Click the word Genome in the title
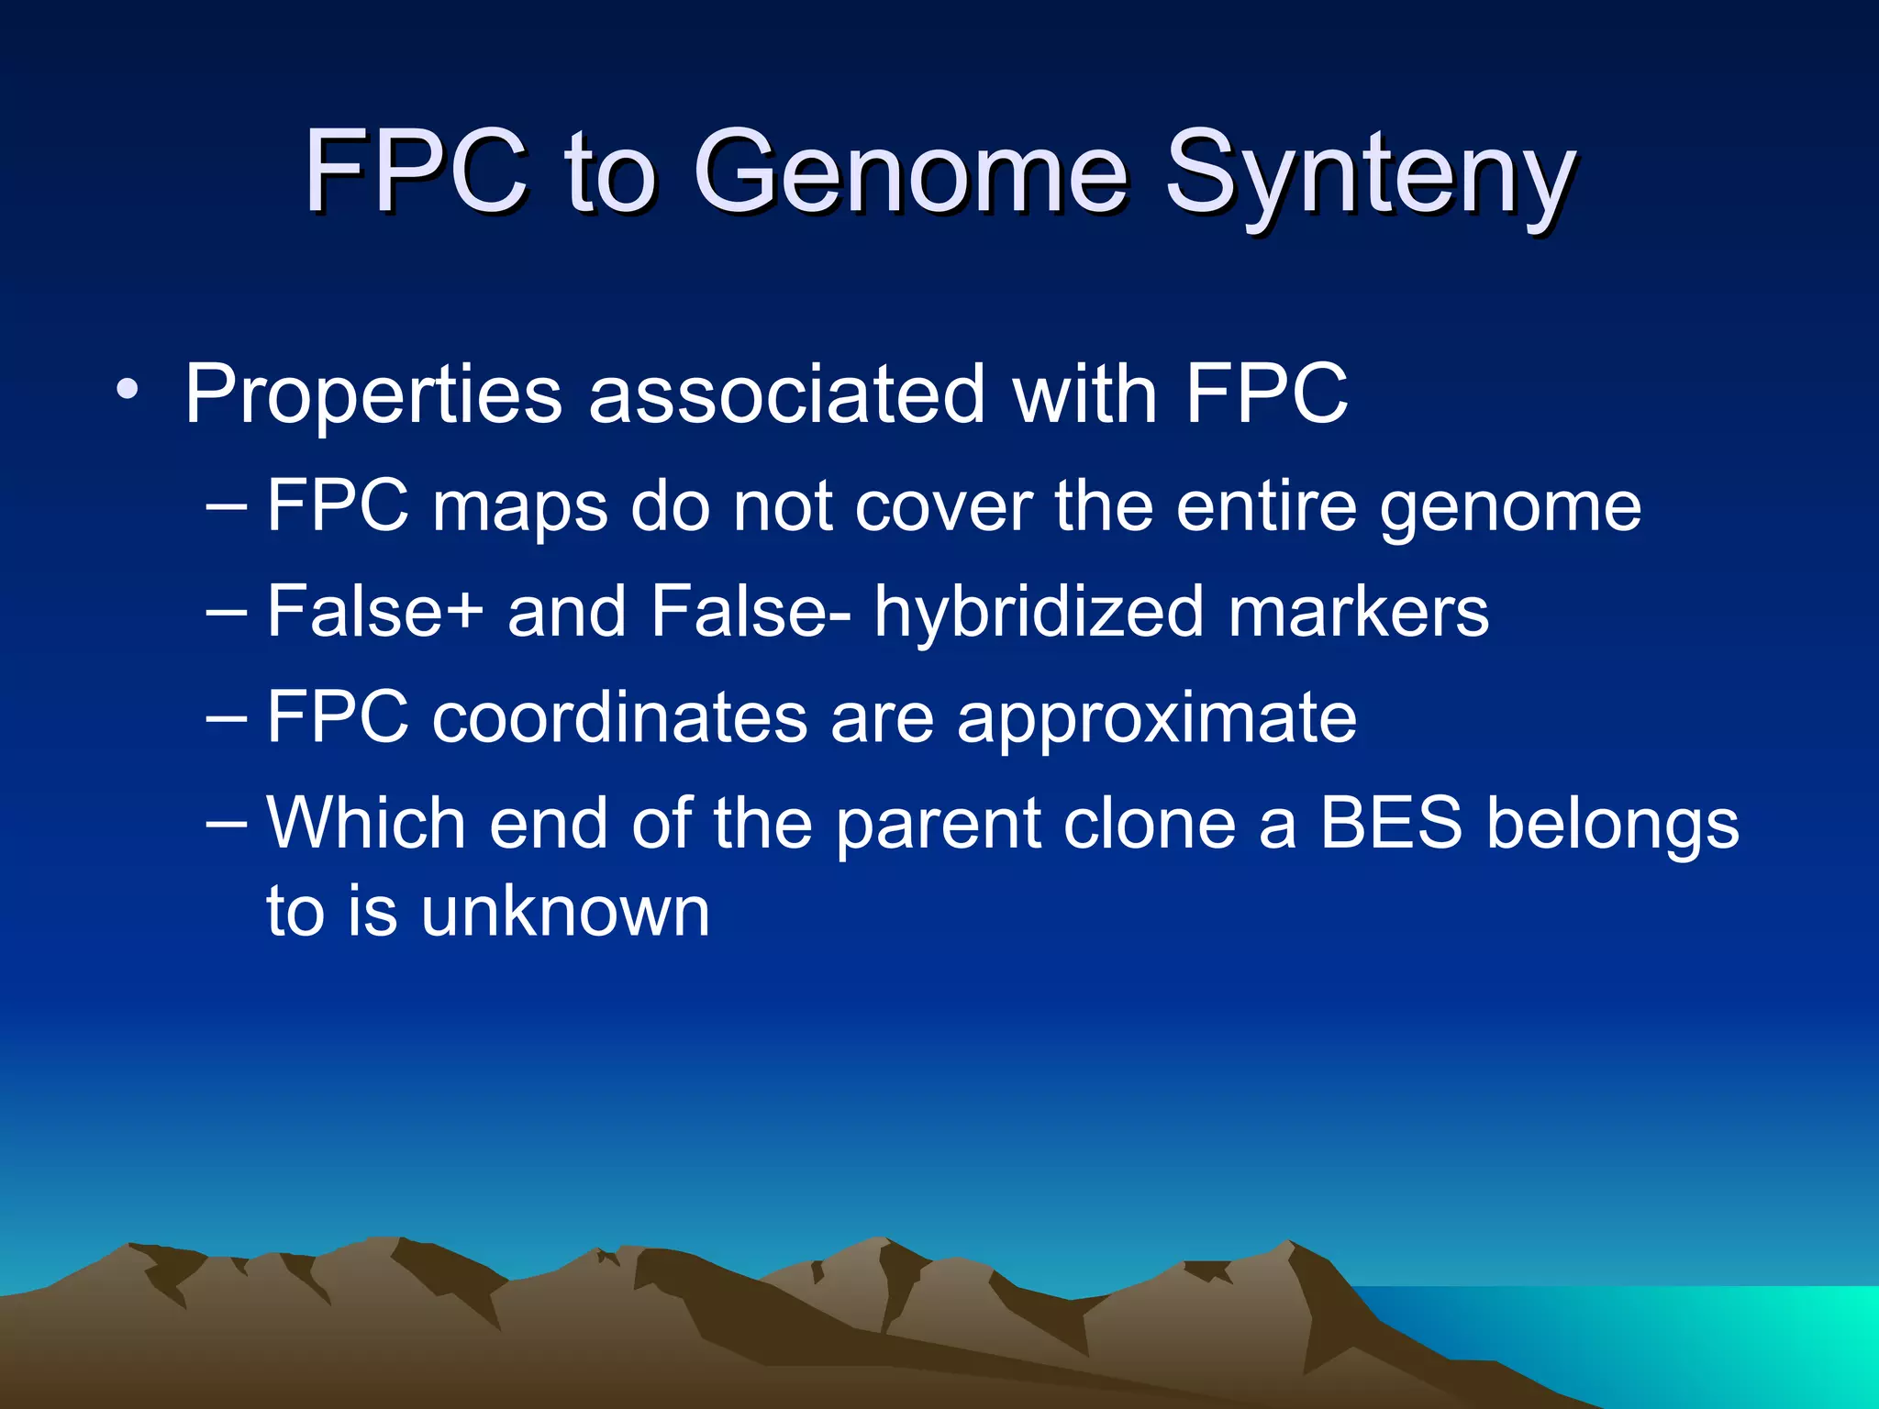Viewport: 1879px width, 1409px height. click(908, 172)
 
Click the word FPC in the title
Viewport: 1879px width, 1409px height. click(416, 170)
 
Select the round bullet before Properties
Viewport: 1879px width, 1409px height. click(128, 392)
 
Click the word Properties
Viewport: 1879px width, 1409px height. click(372, 396)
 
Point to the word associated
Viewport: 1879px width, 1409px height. click(786, 394)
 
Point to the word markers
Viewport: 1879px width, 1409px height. click(1358, 613)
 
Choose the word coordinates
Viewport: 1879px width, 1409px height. click(619, 717)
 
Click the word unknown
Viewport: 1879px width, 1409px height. click(565, 912)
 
